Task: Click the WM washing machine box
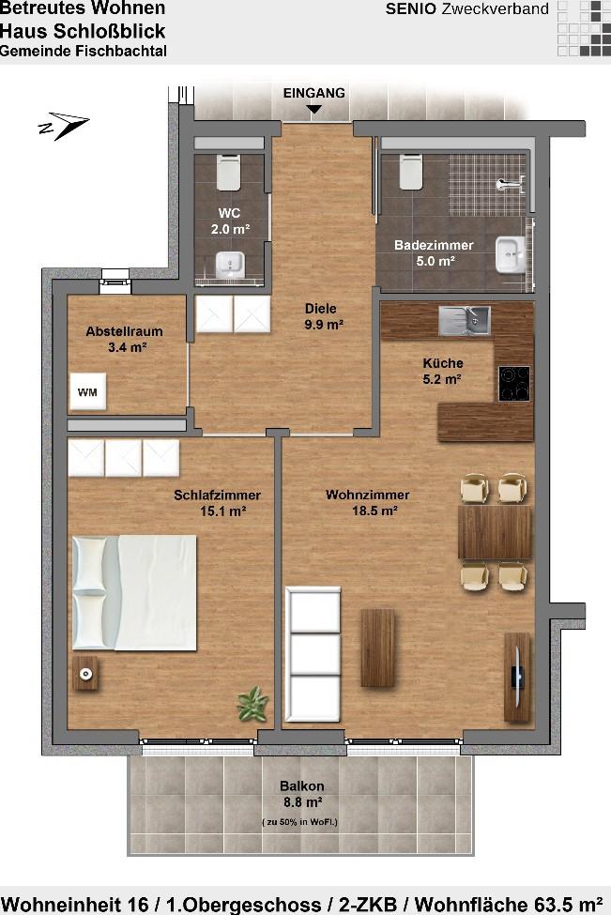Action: pos(87,391)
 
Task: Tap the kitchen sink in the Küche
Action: pos(465,321)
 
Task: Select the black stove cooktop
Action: pos(514,384)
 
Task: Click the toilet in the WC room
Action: pos(228,172)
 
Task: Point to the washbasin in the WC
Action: pos(229,265)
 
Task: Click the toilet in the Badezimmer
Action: pos(411,172)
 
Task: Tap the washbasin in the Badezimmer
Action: pos(511,255)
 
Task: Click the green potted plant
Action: pos(252,704)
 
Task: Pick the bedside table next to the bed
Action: pos(85,674)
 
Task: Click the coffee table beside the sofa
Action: pos(377,648)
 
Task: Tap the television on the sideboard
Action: pos(518,676)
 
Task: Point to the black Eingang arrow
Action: pos(314,109)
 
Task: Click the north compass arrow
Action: pos(64,126)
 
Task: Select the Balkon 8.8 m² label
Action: pos(301,794)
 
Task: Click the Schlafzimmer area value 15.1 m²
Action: pos(222,511)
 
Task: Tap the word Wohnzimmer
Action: pos(368,495)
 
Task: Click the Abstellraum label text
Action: pos(124,331)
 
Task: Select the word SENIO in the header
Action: pos(411,9)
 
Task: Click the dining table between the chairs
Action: pos(495,532)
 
